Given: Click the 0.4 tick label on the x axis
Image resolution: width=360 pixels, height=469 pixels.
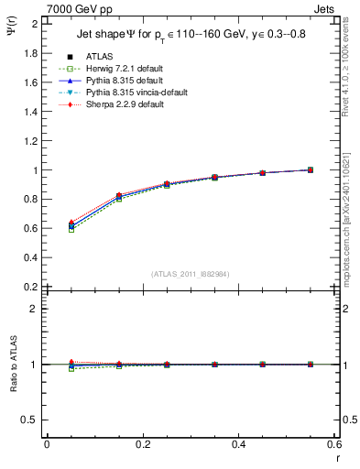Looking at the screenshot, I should click(239, 444).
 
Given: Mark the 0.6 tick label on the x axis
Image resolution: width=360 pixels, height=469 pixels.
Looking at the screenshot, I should click(334, 444).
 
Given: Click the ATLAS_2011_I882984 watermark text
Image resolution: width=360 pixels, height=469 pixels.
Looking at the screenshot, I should click(191, 273).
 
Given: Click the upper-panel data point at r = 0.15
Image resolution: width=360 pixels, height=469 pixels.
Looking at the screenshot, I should click(118, 196).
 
